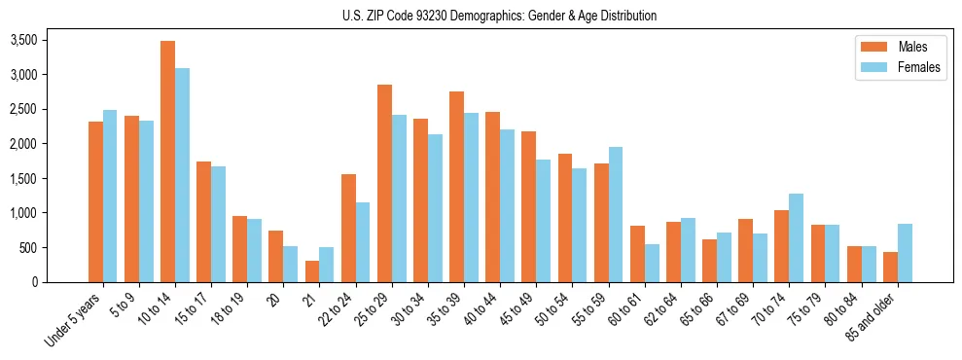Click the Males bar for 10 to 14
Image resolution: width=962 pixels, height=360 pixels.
click(168, 162)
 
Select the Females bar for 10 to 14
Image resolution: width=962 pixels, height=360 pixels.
click(183, 175)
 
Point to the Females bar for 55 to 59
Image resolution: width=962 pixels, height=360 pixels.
click(616, 214)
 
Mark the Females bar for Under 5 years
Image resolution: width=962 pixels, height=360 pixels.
click(110, 196)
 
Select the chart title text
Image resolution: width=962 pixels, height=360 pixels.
click(499, 16)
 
